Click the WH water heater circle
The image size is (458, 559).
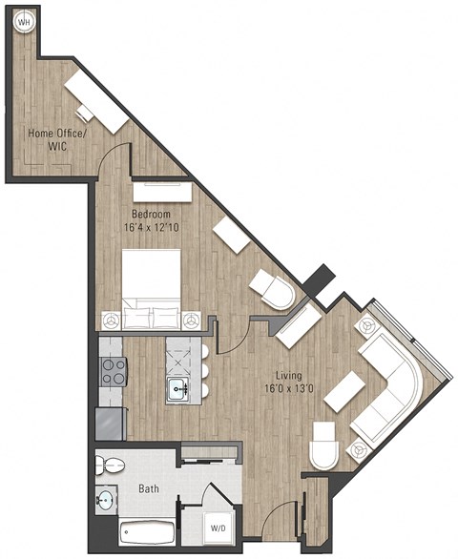pos(23,21)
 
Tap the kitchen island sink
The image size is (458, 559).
pos(178,388)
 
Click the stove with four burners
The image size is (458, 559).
pos(114,371)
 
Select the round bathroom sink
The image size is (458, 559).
pos(105,499)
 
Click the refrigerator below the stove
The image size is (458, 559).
pos(111,423)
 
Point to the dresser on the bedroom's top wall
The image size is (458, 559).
pos(162,192)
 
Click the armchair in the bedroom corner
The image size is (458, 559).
pos(273,289)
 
